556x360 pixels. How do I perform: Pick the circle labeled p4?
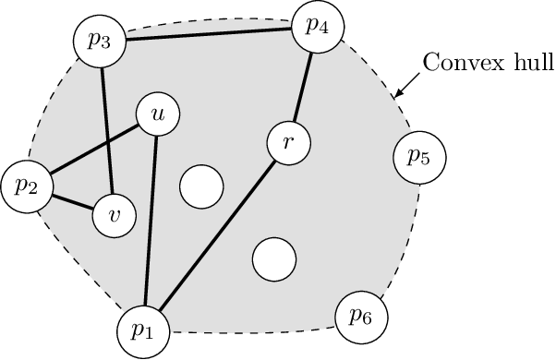(317, 25)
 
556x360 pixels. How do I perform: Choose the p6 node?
(360, 317)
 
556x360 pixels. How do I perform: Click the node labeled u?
(158, 114)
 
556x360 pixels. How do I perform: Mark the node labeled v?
(115, 215)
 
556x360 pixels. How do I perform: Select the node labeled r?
(289, 143)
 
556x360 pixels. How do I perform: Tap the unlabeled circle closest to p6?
(273, 258)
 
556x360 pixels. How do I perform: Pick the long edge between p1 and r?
(217, 236)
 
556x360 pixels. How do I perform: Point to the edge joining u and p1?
(151, 222)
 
